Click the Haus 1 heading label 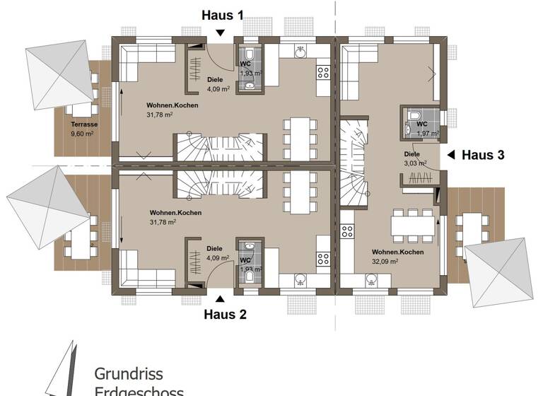(223, 15)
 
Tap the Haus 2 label (225, 315)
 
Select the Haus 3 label (483, 155)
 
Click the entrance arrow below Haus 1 (221, 32)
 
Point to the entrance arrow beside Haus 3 (450, 154)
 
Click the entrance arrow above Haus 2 (221, 299)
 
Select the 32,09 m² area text (386, 261)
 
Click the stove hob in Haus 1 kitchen (323, 71)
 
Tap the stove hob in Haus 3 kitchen (347, 232)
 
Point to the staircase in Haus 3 (351, 166)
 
